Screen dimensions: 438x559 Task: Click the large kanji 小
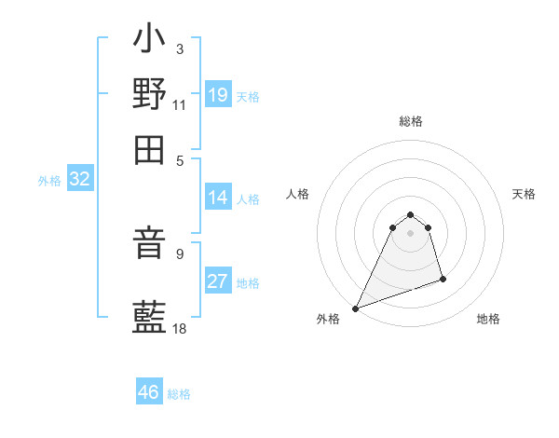(149, 43)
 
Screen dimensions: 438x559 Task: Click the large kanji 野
(149, 93)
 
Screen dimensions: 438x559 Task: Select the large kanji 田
(149, 149)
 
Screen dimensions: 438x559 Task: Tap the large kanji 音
(149, 245)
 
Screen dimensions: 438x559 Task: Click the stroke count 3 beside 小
(179, 48)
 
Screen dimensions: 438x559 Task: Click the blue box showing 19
(217, 95)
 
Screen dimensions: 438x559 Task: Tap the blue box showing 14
(217, 198)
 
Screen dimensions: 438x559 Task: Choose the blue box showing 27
(217, 282)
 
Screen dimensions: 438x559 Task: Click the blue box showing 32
(79, 180)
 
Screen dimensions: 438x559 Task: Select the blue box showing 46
(149, 392)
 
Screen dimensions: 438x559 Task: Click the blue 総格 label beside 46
(179, 394)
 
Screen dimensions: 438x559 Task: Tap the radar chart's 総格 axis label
(410, 121)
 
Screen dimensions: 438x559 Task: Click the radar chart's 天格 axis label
(524, 194)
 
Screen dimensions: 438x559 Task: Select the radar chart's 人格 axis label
(297, 194)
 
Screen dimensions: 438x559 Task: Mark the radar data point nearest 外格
(355, 308)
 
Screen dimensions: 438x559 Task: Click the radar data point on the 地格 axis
(443, 279)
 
